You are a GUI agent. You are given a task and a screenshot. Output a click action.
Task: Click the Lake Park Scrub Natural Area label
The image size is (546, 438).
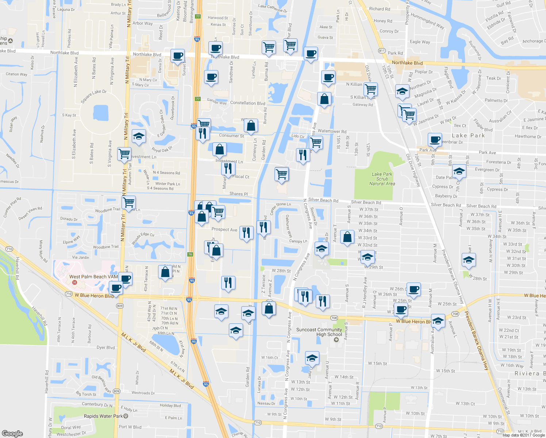[382, 179]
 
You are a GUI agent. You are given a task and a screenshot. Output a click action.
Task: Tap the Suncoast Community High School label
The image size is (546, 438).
[319, 332]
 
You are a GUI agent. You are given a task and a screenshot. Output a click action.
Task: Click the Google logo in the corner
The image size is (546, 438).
[12, 433]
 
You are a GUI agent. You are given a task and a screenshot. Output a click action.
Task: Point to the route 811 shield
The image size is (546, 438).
[382, 51]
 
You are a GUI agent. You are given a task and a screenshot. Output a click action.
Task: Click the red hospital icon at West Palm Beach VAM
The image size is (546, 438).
[75, 283]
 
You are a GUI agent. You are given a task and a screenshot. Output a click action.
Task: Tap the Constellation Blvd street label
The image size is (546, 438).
[248, 103]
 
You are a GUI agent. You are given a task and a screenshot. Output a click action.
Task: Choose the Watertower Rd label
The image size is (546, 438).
[332, 131]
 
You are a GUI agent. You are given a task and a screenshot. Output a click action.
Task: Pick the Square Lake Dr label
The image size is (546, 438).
[93, 96]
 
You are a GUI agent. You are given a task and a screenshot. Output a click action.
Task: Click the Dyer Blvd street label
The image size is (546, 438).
[105, 347]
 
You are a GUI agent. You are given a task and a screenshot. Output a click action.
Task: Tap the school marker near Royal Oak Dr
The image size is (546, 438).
[139, 137]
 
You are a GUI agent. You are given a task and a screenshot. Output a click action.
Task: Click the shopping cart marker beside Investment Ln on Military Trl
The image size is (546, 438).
[124, 153]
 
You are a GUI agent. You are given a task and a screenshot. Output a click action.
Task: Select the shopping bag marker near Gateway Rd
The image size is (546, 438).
[324, 99]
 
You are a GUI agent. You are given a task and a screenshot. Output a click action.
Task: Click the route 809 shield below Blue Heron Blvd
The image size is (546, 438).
[120, 306]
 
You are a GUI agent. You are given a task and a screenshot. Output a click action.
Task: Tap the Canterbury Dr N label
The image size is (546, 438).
[97, 404]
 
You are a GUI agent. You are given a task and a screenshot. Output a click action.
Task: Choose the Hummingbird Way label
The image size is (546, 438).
[427, 21]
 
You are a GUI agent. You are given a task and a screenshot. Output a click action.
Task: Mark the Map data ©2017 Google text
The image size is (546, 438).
[523, 435]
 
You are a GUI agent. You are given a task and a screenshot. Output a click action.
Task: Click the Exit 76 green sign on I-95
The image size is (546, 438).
[190, 254]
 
